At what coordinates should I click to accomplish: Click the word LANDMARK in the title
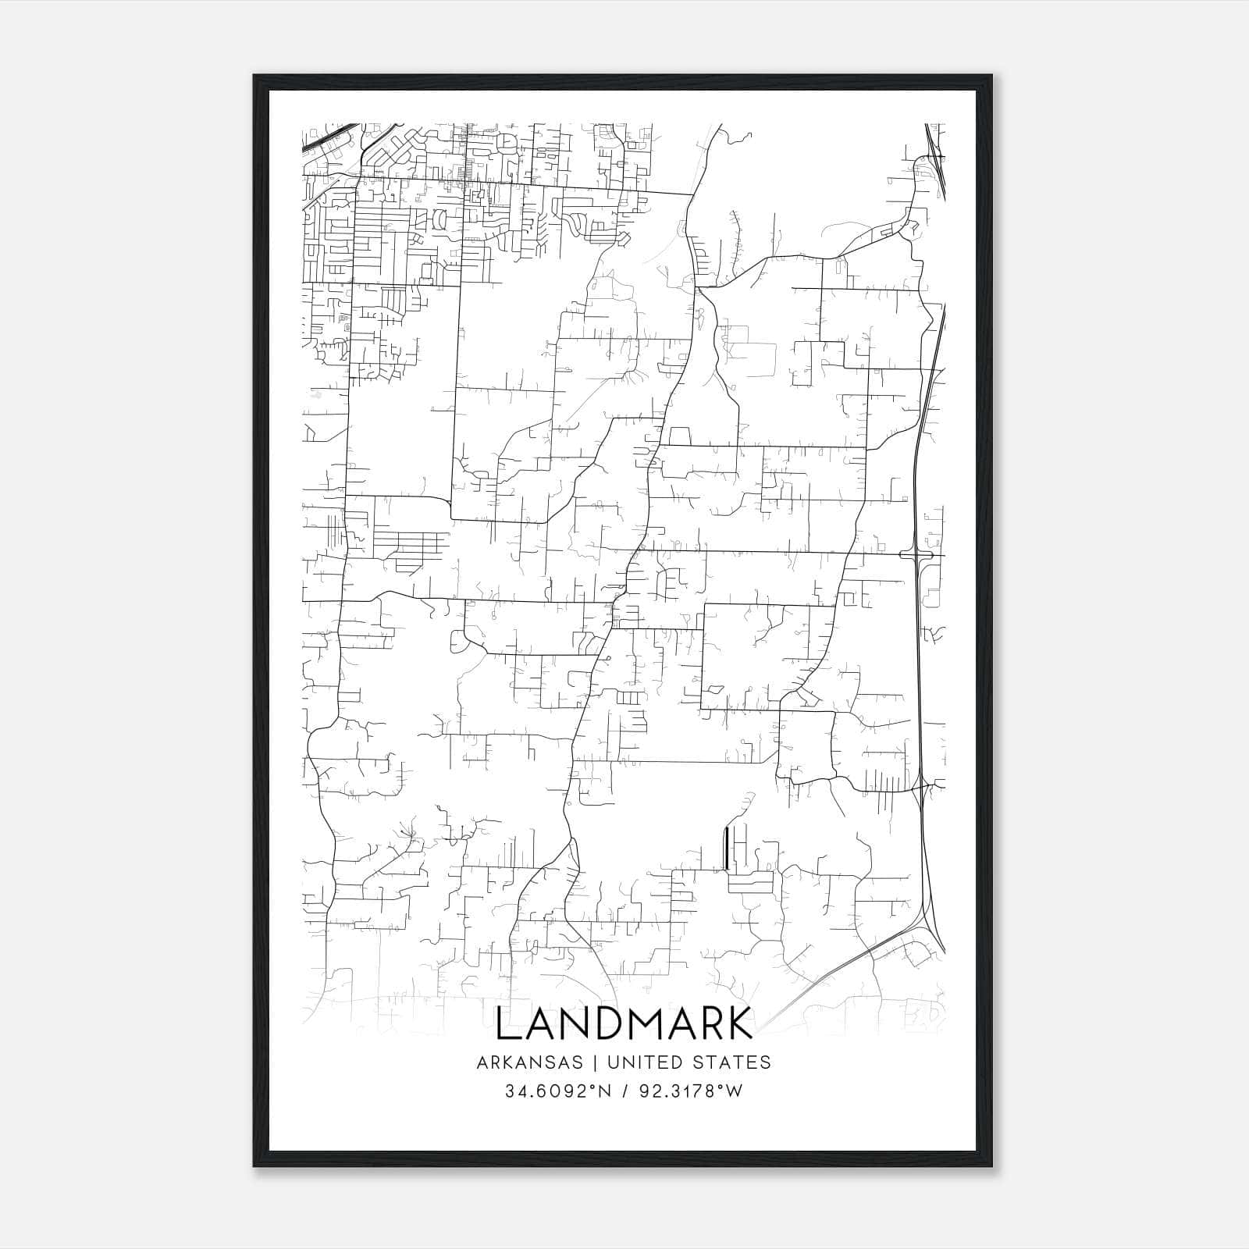click(624, 1023)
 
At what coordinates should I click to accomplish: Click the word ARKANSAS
click(539, 1062)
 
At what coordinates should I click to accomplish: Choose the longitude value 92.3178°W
click(691, 1091)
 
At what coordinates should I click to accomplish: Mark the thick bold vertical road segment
click(727, 848)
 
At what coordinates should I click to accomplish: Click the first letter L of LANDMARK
click(507, 1023)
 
